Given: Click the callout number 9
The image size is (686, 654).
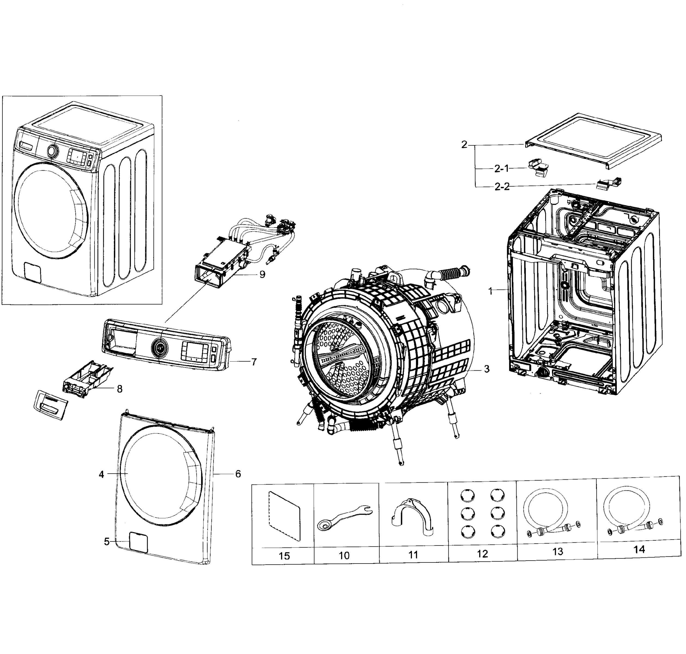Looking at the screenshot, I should pos(262,274).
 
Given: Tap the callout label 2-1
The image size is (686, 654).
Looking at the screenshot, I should pos(502,169).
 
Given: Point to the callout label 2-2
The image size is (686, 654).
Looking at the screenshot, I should pos(502,187).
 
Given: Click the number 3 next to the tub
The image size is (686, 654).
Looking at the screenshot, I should pos(487,369).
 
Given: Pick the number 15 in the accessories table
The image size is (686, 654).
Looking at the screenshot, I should pos(284,556).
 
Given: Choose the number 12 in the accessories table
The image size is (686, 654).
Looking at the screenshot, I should pos(482,554).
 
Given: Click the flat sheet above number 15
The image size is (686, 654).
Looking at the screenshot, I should pos(284,516).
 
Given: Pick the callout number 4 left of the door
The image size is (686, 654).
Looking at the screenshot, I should pos(101,474).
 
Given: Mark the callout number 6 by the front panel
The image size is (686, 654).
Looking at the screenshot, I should pos(238,474).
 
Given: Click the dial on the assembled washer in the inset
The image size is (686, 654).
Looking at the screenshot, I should pos(52,151).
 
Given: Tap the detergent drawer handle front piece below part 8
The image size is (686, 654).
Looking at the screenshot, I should pos(51,404).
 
